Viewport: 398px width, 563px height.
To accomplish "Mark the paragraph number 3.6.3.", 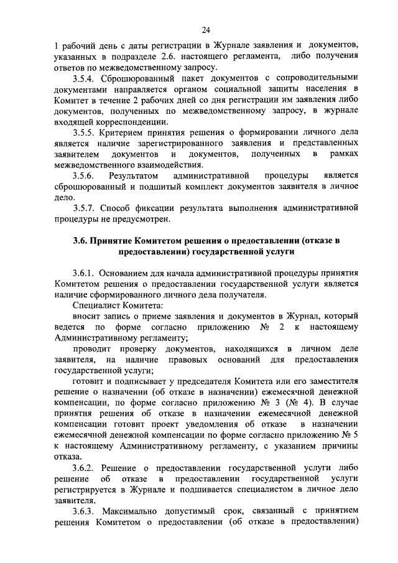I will [85, 511].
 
